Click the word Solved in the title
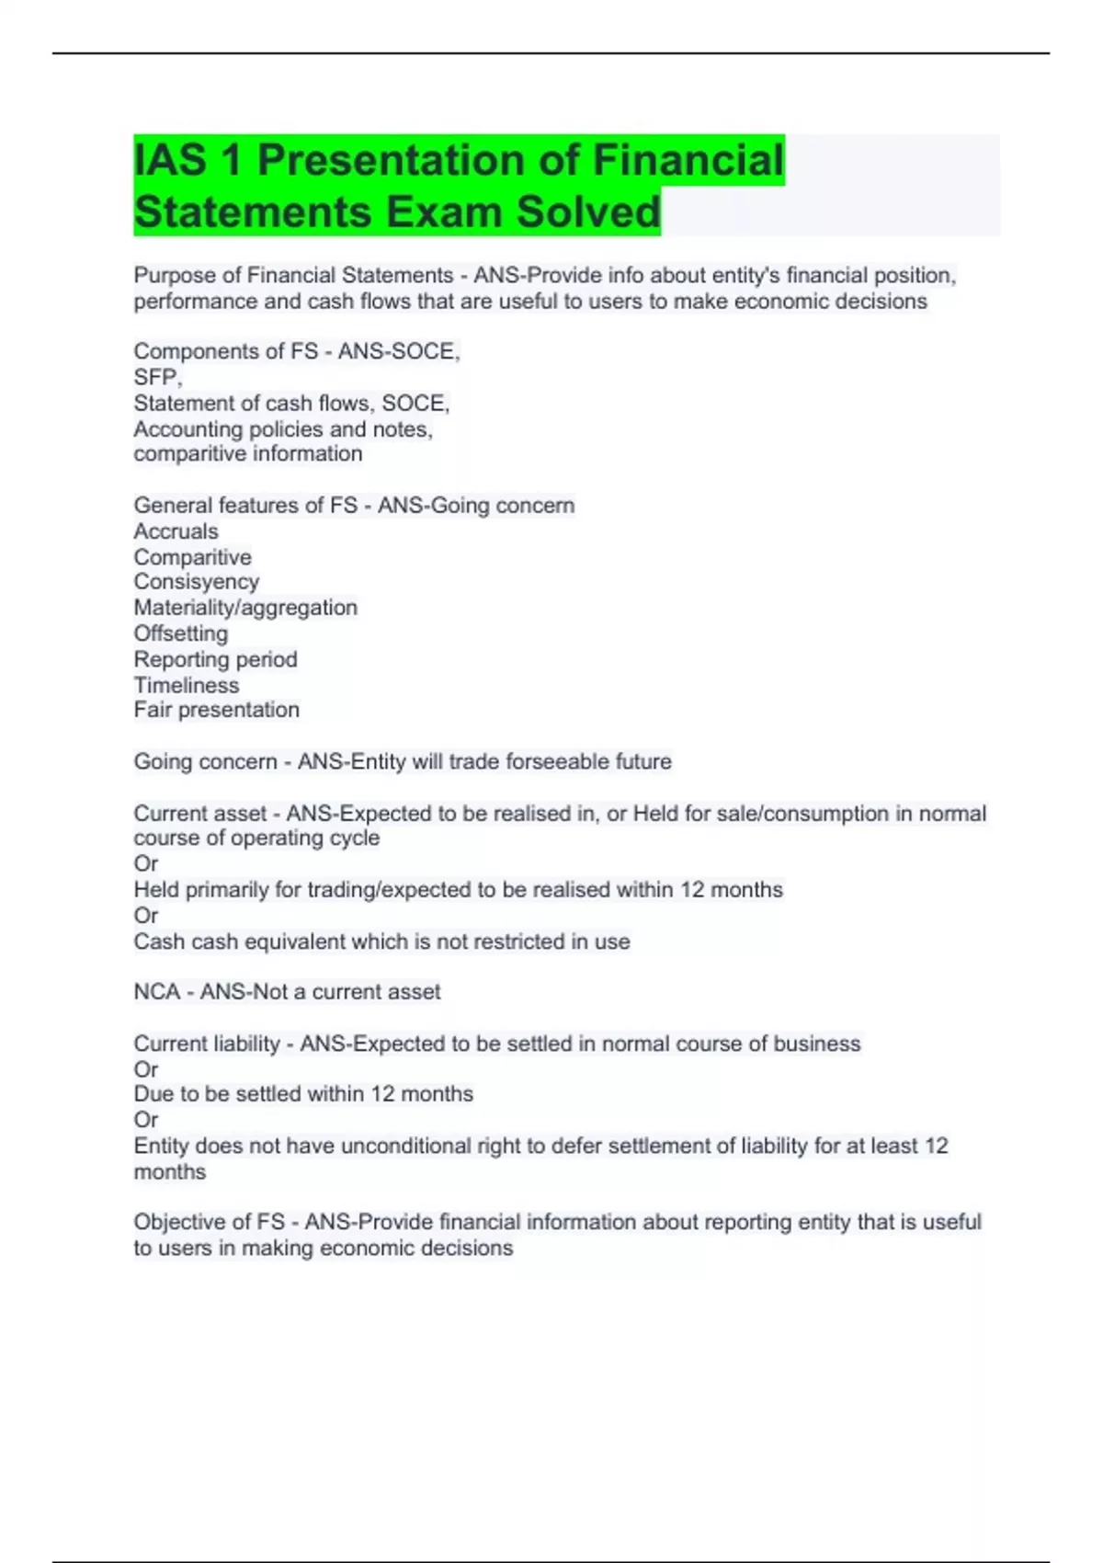[588, 211]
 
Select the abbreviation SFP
[156, 377]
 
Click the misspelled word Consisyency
[196, 582]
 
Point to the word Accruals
[176, 531]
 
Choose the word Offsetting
[180, 633]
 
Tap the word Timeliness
[186, 685]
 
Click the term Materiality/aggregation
[245, 608]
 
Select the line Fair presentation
[216, 710]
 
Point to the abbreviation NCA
[156, 992]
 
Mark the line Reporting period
[215, 659]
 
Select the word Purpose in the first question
[175, 276]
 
